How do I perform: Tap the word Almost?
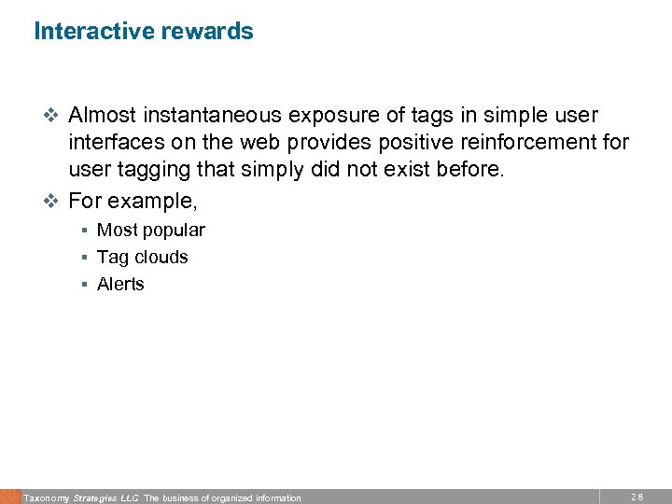coord(103,116)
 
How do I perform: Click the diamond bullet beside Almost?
coord(52,117)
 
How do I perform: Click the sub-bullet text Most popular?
coord(150,230)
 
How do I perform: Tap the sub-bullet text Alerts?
coord(120,284)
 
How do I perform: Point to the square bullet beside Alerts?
coord(84,284)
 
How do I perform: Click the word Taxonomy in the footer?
coord(46,498)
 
